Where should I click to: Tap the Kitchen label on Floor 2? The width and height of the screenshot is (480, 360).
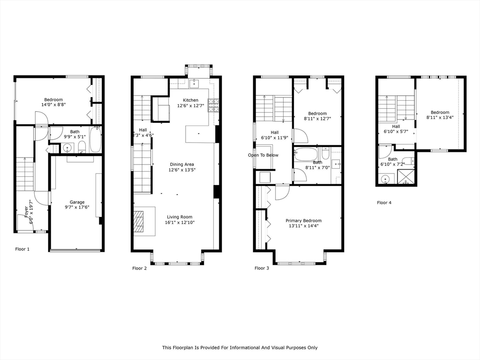190,100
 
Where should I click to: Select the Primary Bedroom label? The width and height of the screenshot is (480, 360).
304,220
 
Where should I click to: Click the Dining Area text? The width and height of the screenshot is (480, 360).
182,165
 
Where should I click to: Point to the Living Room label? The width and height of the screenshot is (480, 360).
180,217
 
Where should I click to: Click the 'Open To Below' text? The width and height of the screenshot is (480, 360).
263,155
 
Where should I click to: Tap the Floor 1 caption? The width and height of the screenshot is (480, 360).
22,249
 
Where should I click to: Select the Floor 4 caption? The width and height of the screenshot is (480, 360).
384,202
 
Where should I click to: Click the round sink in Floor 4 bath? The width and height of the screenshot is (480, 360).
386,179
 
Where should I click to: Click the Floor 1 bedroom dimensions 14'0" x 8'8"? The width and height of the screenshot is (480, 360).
53,105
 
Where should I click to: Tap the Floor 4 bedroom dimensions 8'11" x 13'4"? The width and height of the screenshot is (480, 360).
440,118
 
